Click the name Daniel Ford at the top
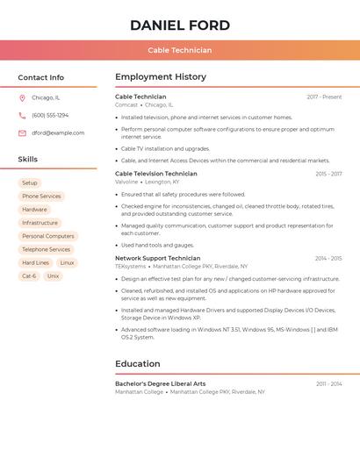tap(180, 25)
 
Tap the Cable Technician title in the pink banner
tap(180, 51)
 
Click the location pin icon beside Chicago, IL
tap(22, 97)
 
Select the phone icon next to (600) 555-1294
tap(22, 115)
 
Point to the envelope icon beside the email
tap(22, 133)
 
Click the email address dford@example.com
tap(58, 133)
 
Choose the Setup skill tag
tap(30, 182)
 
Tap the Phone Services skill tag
tap(41, 197)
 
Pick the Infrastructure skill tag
tap(40, 223)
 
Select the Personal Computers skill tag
tap(48, 236)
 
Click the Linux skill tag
tap(67, 262)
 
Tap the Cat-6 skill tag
tap(29, 275)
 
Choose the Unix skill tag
tap(54, 275)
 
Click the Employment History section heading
tap(160, 77)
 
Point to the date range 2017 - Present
tap(324, 97)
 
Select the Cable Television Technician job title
tap(156, 174)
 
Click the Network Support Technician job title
tap(158, 259)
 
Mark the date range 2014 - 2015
tap(328, 259)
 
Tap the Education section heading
tap(138, 363)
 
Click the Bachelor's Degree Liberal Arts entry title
tap(161, 383)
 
